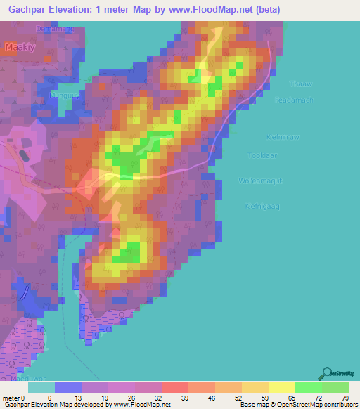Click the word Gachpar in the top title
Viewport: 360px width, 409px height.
tap(27, 10)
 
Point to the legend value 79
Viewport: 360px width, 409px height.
tap(345, 398)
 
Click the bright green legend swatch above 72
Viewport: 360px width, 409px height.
tap(308, 387)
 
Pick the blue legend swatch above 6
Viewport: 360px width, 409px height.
tap(67, 387)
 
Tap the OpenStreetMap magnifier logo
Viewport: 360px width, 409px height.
tap(328, 373)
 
